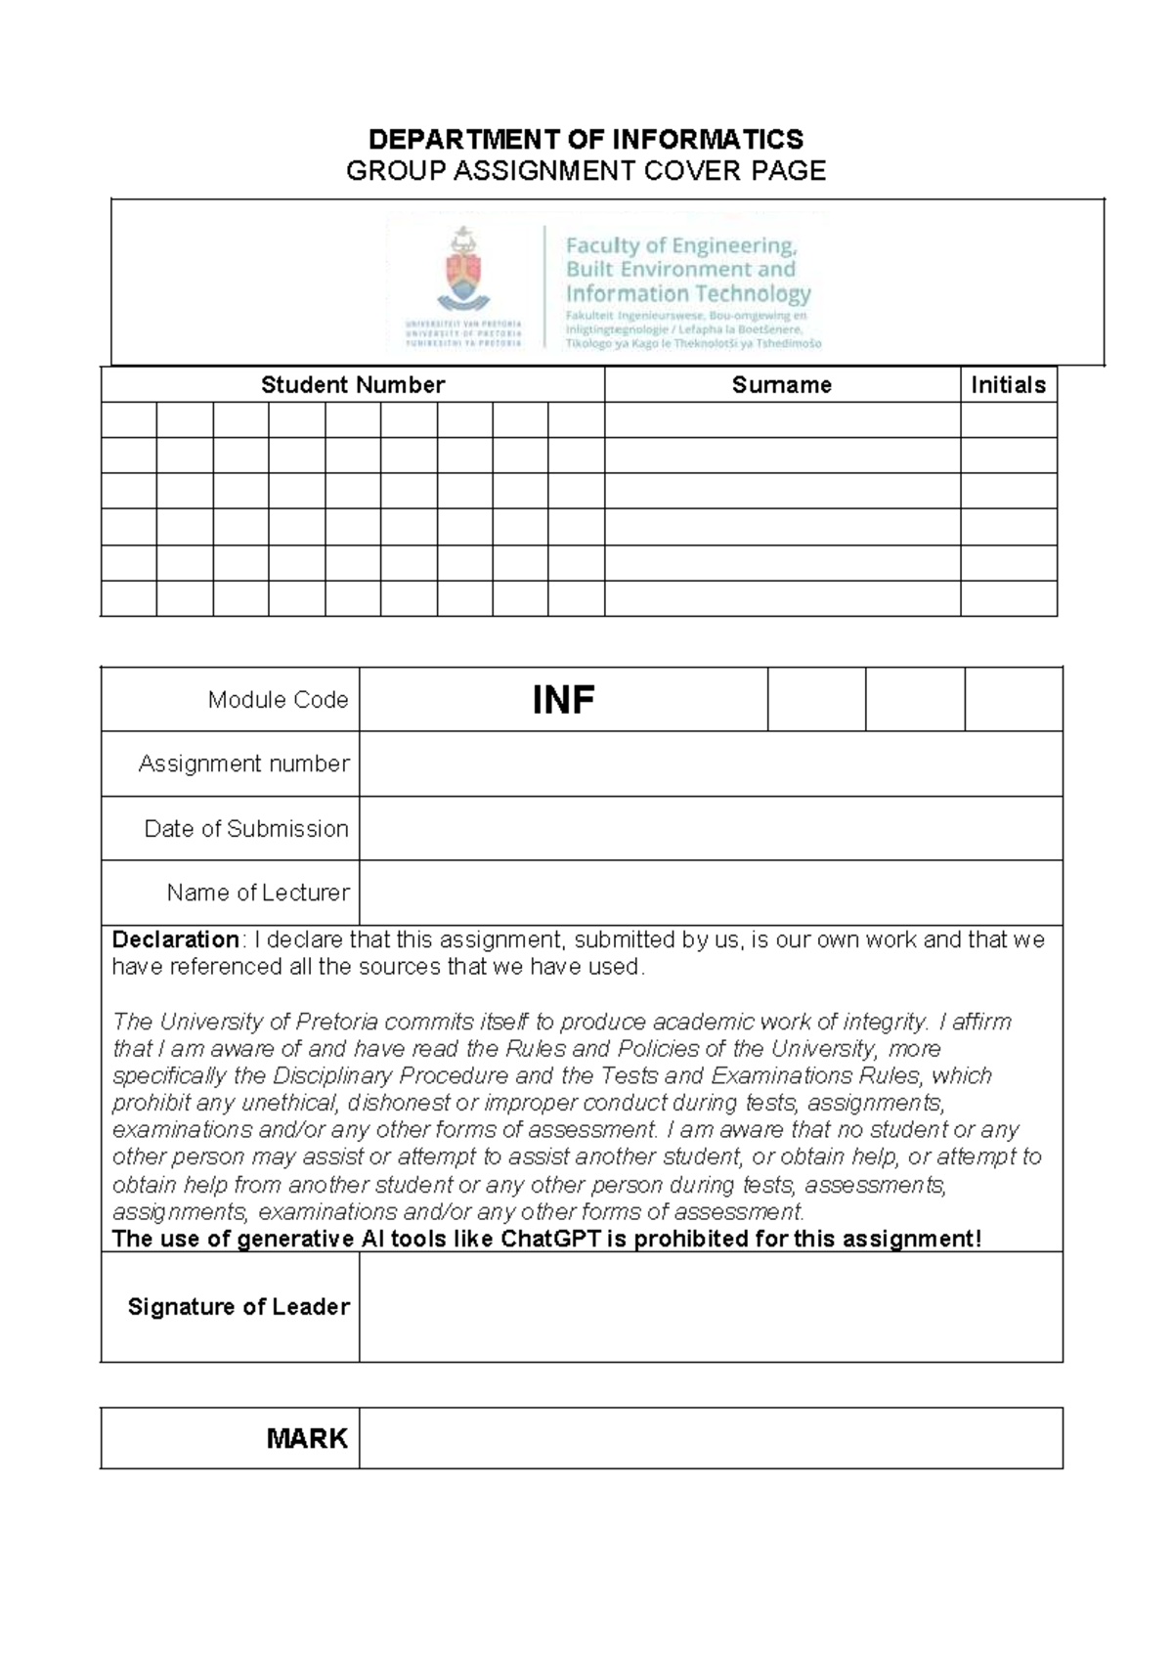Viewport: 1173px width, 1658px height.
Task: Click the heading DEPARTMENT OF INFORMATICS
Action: pos(586,139)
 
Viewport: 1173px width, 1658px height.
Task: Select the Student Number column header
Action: pos(352,385)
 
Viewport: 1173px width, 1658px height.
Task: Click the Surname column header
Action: pos(781,385)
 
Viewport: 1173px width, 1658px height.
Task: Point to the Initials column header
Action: pos(1008,385)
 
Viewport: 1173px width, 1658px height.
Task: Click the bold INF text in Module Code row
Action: pos(563,700)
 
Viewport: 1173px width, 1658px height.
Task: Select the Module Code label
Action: pos(278,700)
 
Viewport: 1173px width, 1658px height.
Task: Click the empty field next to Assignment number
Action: pos(711,764)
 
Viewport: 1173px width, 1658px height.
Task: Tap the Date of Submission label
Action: pos(246,829)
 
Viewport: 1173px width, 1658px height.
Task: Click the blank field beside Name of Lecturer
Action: pos(711,893)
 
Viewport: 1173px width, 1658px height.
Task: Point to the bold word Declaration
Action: pos(175,939)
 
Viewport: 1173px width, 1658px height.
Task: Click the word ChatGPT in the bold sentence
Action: pos(550,1240)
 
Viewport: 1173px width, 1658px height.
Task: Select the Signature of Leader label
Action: pos(239,1307)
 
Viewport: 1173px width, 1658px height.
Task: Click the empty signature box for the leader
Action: pos(711,1307)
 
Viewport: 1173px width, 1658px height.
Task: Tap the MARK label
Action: pos(307,1438)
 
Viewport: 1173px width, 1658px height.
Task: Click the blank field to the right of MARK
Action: pos(711,1438)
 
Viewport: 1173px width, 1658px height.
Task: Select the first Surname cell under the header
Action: pos(782,420)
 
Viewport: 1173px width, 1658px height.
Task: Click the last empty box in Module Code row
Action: pos(1013,700)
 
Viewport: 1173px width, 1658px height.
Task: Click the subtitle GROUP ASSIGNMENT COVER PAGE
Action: pos(586,171)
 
